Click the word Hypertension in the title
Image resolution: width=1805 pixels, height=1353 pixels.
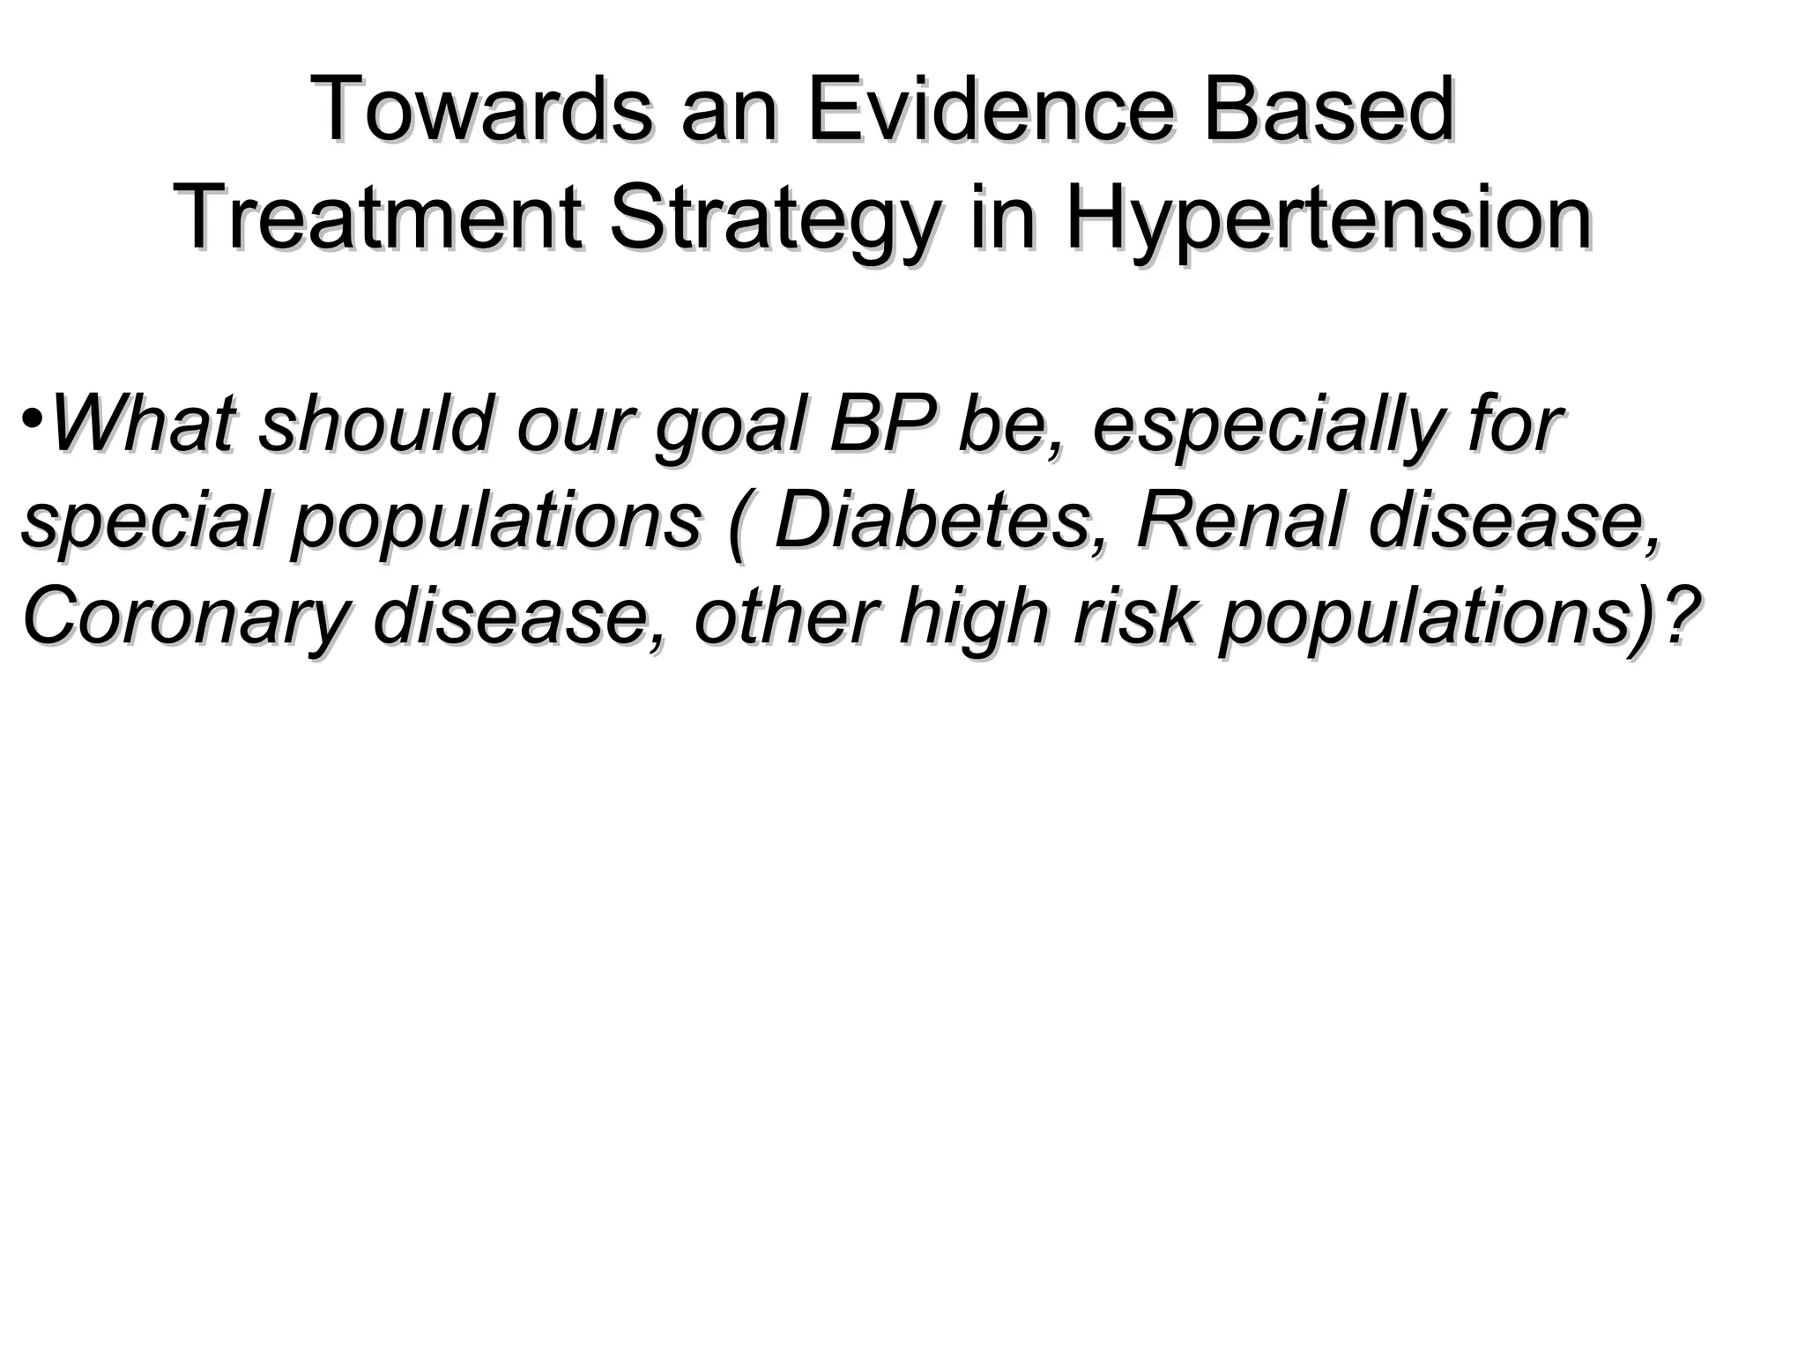pos(1327,220)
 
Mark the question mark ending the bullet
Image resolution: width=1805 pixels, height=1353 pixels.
pos(1675,618)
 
